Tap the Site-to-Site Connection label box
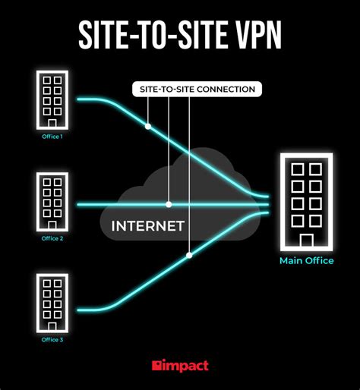(x=197, y=90)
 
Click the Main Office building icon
(x=305, y=203)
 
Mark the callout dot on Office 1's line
(x=148, y=124)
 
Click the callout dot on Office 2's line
(x=169, y=204)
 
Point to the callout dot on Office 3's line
(x=188, y=254)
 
